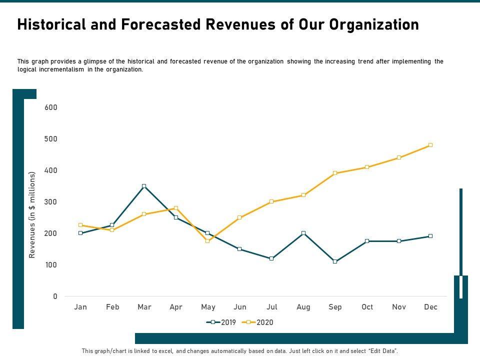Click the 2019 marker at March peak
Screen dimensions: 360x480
pyautogui.click(x=144, y=186)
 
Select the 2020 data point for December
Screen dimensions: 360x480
pyautogui.click(x=430, y=145)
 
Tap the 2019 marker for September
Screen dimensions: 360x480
pyautogui.click(x=335, y=261)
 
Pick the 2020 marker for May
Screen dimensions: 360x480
pyautogui.click(x=207, y=241)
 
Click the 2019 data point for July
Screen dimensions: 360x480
pyautogui.click(x=271, y=258)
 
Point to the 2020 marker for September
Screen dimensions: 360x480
pyautogui.click(x=335, y=173)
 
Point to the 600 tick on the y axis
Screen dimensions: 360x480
pyautogui.click(x=51, y=107)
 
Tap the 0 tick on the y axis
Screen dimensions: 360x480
pyautogui.click(x=55, y=296)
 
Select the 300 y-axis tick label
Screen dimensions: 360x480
pyautogui.click(x=51, y=202)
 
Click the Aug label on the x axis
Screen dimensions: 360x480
pyautogui.click(x=303, y=307)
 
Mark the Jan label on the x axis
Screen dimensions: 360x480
pyautogui.click(x=80, y=307)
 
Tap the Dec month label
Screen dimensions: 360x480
pyautogui.click(x=430, y=307)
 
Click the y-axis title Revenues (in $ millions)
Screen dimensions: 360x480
pyautogui.click(x=32, y=215)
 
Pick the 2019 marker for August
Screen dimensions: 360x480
pyautogui.click(x=303, y=233)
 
